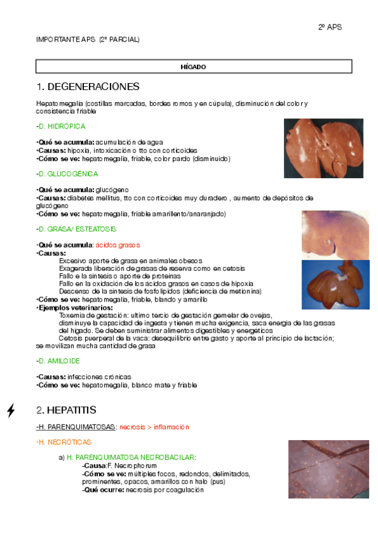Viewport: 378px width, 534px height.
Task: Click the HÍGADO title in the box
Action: click(193, 67)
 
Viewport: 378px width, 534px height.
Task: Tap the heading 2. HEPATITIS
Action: click(66, 410)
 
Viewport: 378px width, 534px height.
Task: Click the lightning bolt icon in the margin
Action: click(11, 411)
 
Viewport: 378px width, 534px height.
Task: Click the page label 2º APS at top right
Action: click(329, 28)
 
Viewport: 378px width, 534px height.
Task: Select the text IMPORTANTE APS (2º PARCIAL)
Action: click(88, 40)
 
